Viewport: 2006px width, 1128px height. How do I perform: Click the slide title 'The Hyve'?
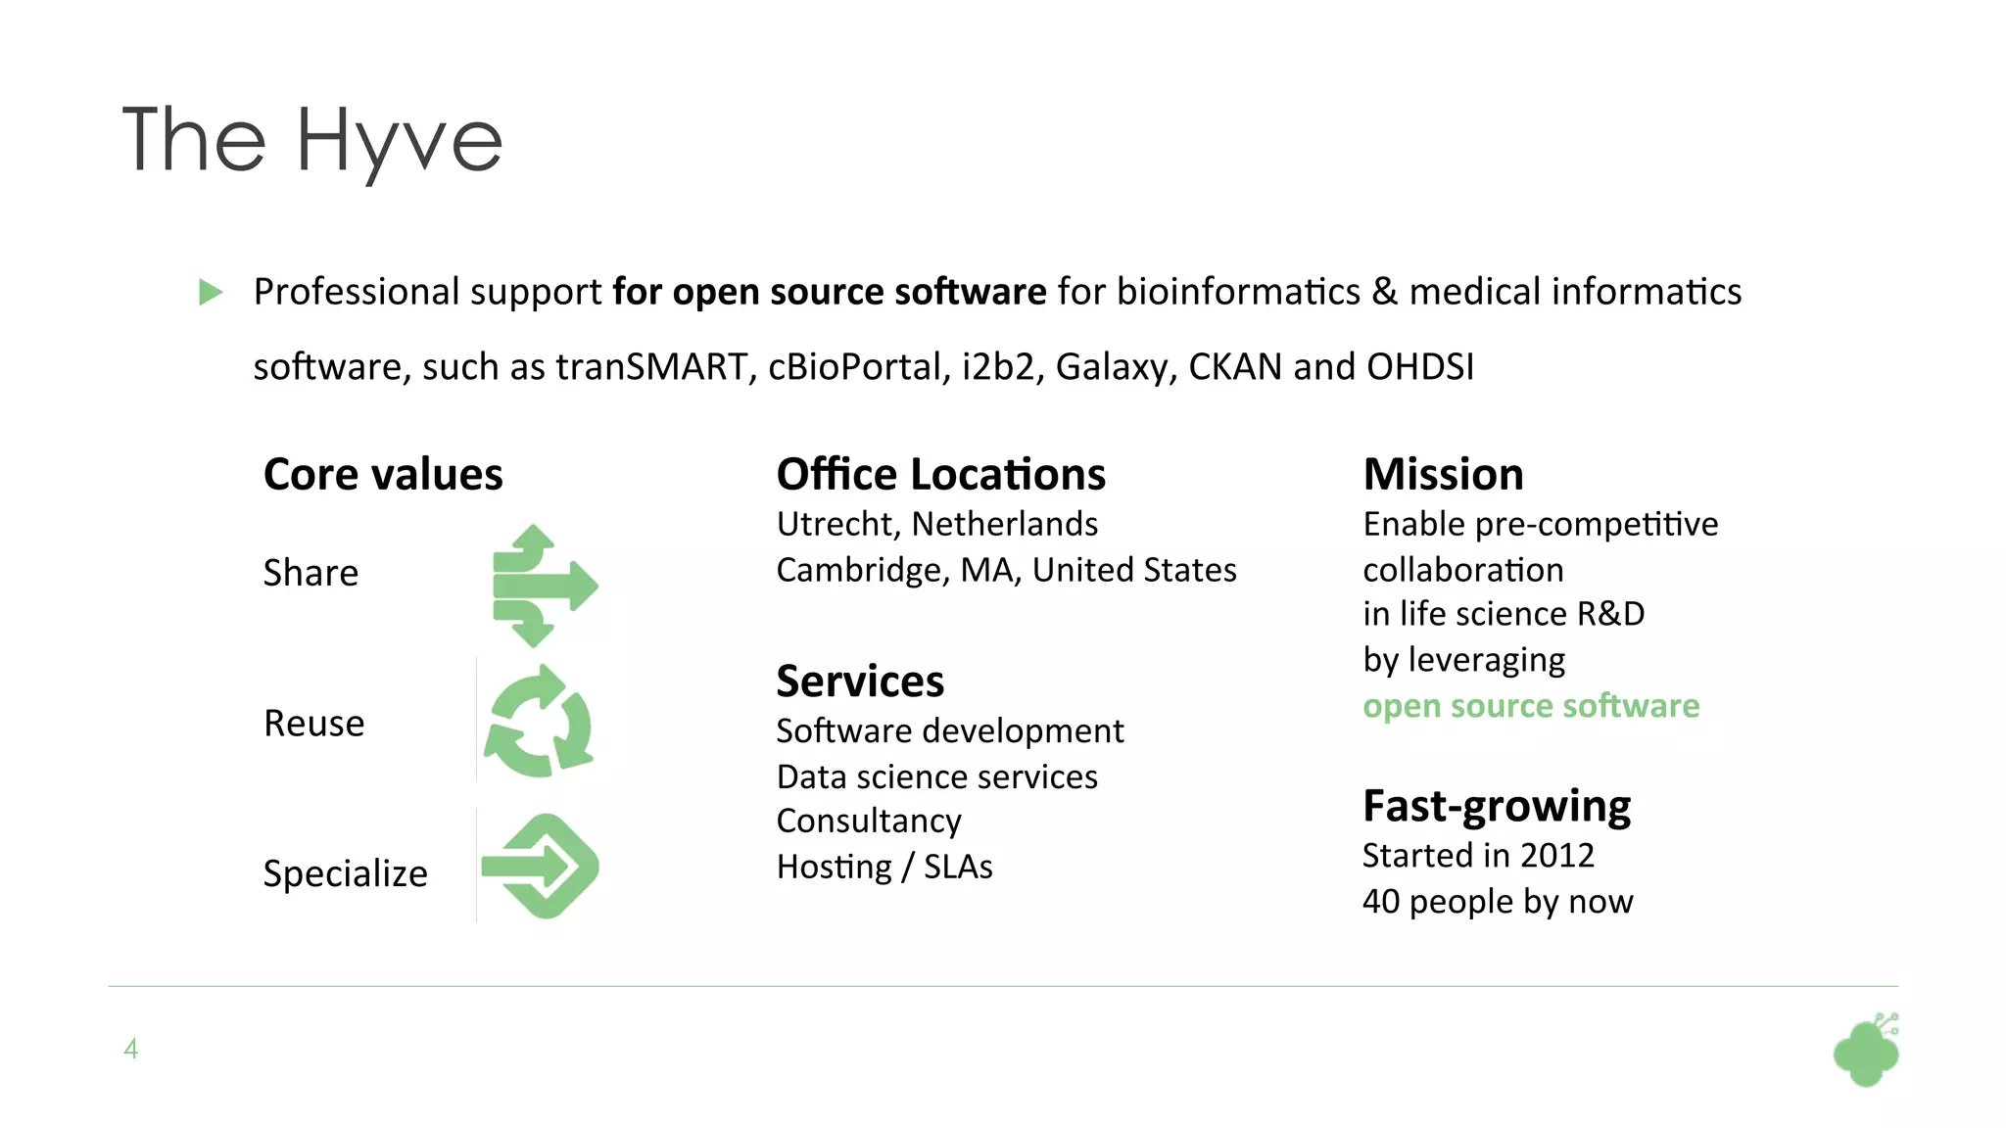click(311, 141)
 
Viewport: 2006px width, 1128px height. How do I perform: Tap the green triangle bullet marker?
click(211, 292)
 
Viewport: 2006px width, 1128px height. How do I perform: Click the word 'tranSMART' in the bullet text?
click(651, 367)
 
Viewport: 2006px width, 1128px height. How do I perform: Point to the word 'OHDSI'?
click(1419, 367)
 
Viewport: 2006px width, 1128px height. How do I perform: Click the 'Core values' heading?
click(383, 475)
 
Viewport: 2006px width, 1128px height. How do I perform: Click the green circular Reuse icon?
click(539, 723)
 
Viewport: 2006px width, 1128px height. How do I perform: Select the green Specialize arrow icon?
click(542, 867)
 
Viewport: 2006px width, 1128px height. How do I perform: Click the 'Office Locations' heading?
click(940, 475)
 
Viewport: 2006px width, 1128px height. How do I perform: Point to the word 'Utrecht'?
click(836, 525)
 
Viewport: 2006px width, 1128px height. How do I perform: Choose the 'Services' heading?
click(860, 681)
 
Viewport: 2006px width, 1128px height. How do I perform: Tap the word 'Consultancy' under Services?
click(869, 821)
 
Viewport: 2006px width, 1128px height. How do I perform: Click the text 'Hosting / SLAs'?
click(884, 867)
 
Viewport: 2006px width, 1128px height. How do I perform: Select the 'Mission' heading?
click(1443, 475)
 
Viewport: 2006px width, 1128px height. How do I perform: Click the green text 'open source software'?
click(1531, 706)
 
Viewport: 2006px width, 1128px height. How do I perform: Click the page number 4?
click(130, 1049)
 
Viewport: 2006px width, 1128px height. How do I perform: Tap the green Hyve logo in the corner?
click(1867, 1052)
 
